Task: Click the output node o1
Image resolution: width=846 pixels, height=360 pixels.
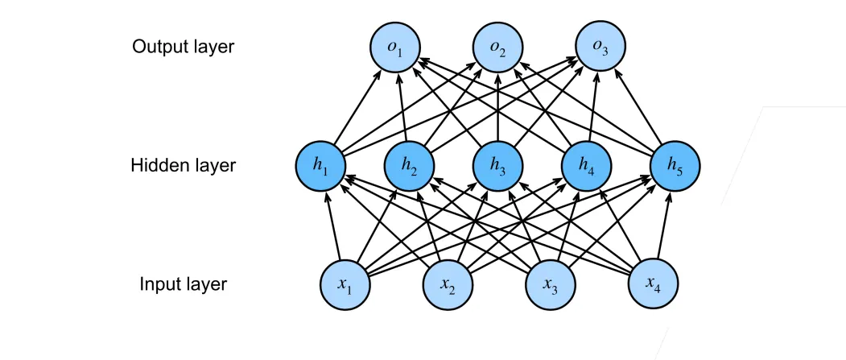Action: pyautogui.click(x=395, y=47)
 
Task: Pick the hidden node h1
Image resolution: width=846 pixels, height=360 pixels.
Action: pyautogui.click(x=321, y=165)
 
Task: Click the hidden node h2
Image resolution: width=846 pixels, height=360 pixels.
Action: pyautogui.click(x=410, y=165)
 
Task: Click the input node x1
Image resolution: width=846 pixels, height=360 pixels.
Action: pyautogui.click(x=345, y=283)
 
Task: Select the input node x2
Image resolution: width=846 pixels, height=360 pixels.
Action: pyautogui.click(x=448, y=283)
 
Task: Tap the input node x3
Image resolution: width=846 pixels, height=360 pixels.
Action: pyautogui.click(x=550, y=283)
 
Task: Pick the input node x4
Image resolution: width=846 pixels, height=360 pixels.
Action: pyautogui.click(x=652, y=283)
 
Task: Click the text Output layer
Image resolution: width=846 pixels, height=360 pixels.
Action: pyautogui.click(x=183, y=46)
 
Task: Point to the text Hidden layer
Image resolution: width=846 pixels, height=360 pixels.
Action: pyautogui.click(x=183, y=165)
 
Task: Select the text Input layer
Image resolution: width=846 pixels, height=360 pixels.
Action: pyautogui.click(x=183, y=283)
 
